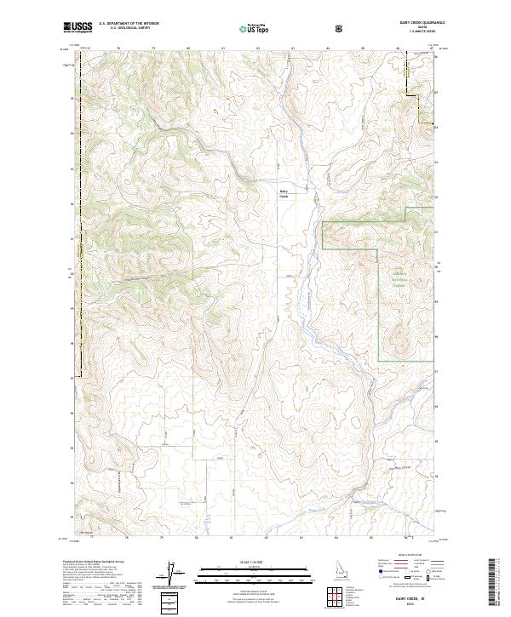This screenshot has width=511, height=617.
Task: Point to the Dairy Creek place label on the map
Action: (284, 193)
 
